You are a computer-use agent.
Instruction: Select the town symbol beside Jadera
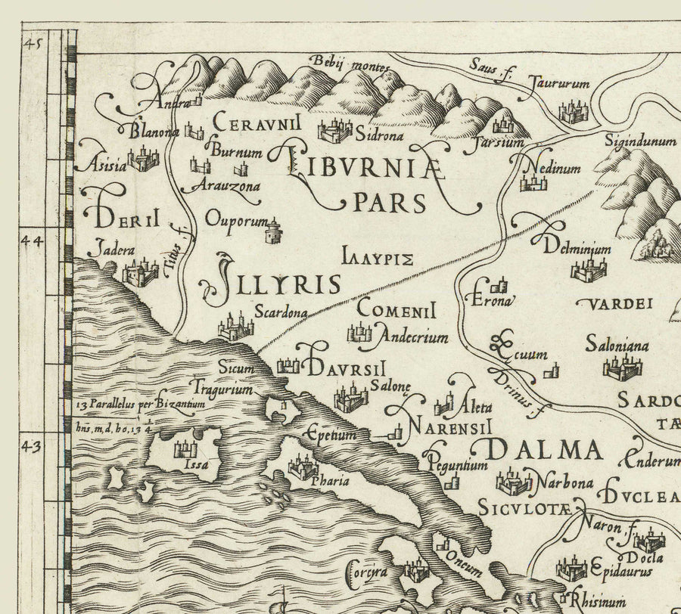point(139,272)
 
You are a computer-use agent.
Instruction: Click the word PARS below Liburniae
point(390,203)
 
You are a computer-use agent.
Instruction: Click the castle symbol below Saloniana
point(621,367)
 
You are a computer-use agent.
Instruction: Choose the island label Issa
point(196,465)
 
